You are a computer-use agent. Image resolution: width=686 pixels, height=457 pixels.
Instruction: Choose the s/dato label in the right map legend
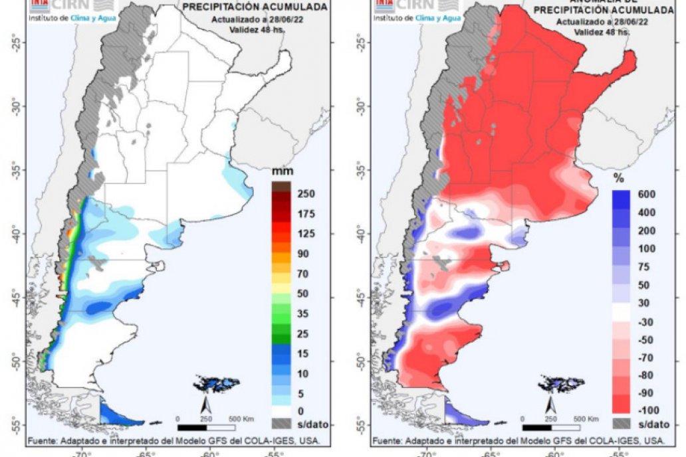tap(651, 424)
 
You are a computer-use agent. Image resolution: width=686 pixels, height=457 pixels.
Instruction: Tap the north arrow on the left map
tap(207, 404)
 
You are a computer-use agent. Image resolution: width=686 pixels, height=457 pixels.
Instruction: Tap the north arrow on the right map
tap(551, 404)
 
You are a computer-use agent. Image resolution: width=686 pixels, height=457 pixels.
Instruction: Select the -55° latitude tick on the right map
tap(363, 424)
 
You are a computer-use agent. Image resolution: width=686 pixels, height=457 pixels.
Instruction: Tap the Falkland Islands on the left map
tap(216, 383)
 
